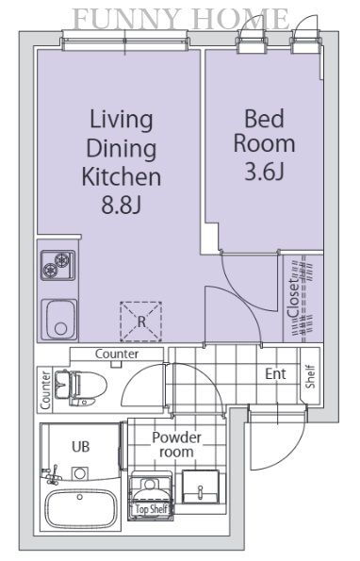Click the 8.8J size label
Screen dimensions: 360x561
[122, 205]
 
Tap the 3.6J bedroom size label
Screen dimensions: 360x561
[265, 171]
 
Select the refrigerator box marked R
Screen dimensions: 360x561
[141, 322]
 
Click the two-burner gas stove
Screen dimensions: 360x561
[57, 265]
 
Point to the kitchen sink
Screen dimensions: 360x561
[59, 319]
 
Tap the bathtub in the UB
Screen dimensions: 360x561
[80, 509]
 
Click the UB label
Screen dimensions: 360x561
[81, 447]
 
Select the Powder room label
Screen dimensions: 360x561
[176, 444]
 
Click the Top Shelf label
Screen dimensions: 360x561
[152, 509]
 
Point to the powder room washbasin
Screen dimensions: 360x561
[201, 487]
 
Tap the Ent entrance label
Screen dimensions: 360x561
[275, 374]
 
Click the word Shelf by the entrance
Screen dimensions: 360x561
[310, 376]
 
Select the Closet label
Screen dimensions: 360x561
[293, 298]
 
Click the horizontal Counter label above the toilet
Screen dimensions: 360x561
[117, 354]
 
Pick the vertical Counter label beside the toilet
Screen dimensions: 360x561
[45, 390]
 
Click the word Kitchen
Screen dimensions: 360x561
[122, 176]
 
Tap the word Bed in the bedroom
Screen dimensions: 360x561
[264, 119]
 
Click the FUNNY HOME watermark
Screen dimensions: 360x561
[181, 19]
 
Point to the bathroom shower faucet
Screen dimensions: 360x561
[51, 474]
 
